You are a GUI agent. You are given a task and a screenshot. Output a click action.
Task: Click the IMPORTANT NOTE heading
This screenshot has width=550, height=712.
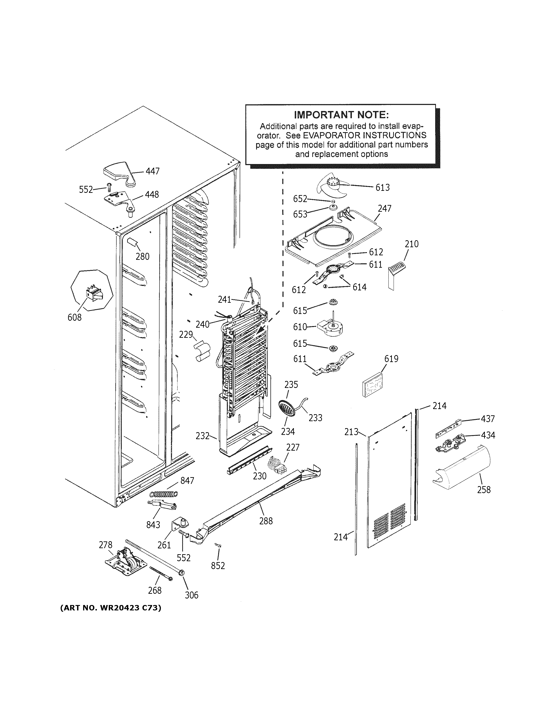[341, 115]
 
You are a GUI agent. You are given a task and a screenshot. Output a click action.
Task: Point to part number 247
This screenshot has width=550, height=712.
[384, 208]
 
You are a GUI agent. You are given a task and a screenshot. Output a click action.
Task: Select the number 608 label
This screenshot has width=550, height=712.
[74, 317]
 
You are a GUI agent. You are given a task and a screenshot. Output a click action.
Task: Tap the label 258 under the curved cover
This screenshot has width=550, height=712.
[483, 498]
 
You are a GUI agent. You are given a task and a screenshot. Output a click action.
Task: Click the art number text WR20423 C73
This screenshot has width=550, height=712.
[111, 608]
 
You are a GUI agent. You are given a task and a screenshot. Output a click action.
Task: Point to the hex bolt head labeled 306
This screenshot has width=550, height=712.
[182, 572]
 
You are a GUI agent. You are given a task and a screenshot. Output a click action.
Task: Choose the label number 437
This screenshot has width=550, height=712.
[488, 419]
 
